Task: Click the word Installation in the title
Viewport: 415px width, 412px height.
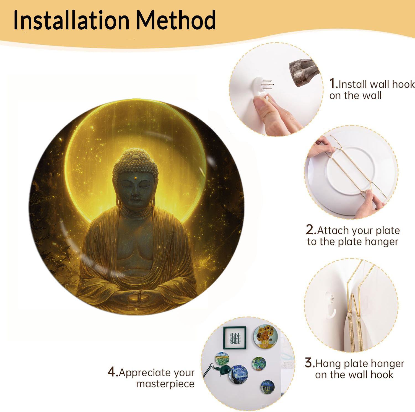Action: pos(71,20)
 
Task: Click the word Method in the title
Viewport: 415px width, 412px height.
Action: pos(176,20)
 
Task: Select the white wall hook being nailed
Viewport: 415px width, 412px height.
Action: pos(262,87)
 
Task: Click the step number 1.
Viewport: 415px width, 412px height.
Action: pos(333,84)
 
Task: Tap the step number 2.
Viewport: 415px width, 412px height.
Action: pos(311,230)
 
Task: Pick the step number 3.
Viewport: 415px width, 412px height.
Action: pos(310,363)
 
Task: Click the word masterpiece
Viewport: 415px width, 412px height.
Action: pos(165,384)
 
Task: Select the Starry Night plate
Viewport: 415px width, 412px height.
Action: pos(239,374)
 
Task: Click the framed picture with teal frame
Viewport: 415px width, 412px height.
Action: pos(235,338)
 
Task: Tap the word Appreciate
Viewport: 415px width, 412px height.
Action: pos(157,373)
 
